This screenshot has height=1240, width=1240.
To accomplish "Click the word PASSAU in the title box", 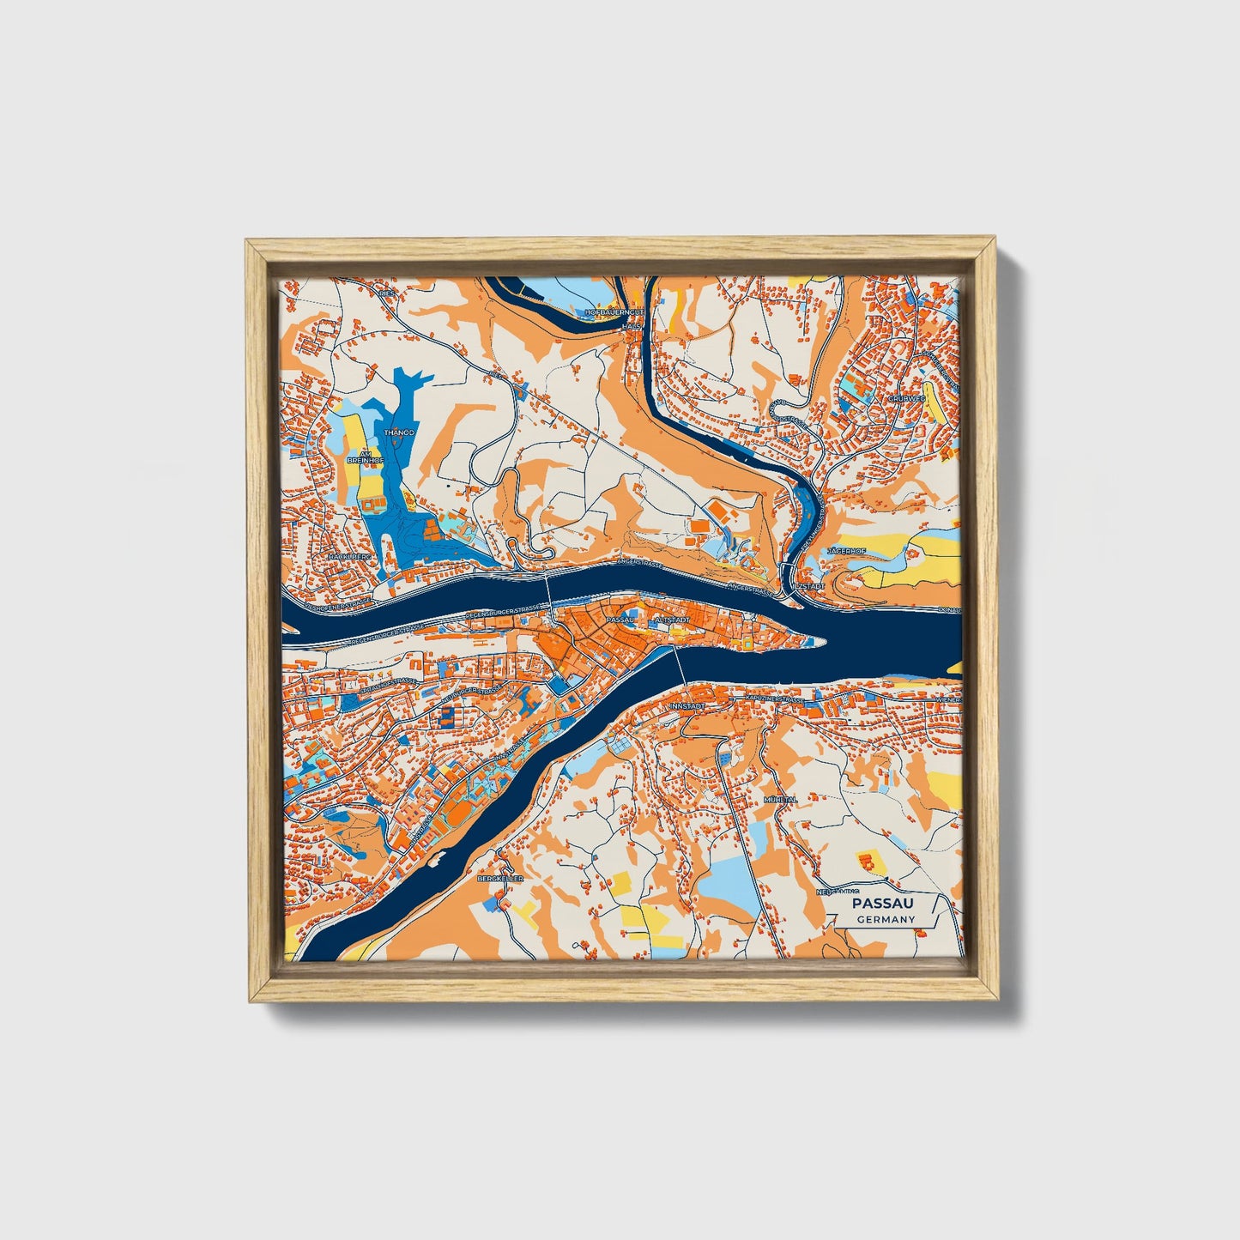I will [882, 904].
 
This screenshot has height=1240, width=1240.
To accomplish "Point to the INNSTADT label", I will [686, 705].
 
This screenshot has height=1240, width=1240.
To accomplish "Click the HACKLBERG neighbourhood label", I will [348, 556].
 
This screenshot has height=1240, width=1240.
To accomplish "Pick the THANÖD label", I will [400, 432].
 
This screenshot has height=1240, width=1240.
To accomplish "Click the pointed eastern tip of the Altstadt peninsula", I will [820, 639].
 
